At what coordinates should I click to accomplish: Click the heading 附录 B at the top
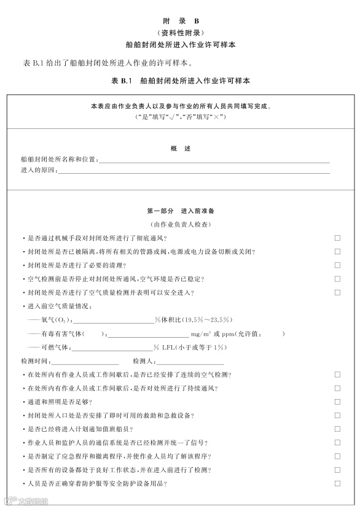180,21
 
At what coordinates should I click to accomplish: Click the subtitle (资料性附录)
180,33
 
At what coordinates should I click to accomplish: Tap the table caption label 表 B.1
123,80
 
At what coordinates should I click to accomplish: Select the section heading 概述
180,149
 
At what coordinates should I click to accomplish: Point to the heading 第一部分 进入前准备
180,211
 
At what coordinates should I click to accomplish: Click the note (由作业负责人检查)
180,225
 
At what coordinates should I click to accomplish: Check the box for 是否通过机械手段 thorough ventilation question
337,238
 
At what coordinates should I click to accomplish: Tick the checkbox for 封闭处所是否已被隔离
337,251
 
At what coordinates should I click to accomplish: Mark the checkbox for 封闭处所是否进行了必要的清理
337,265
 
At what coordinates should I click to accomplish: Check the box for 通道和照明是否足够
337,402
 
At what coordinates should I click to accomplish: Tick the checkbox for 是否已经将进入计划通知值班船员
337,429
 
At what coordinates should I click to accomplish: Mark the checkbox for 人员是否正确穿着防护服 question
337,484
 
